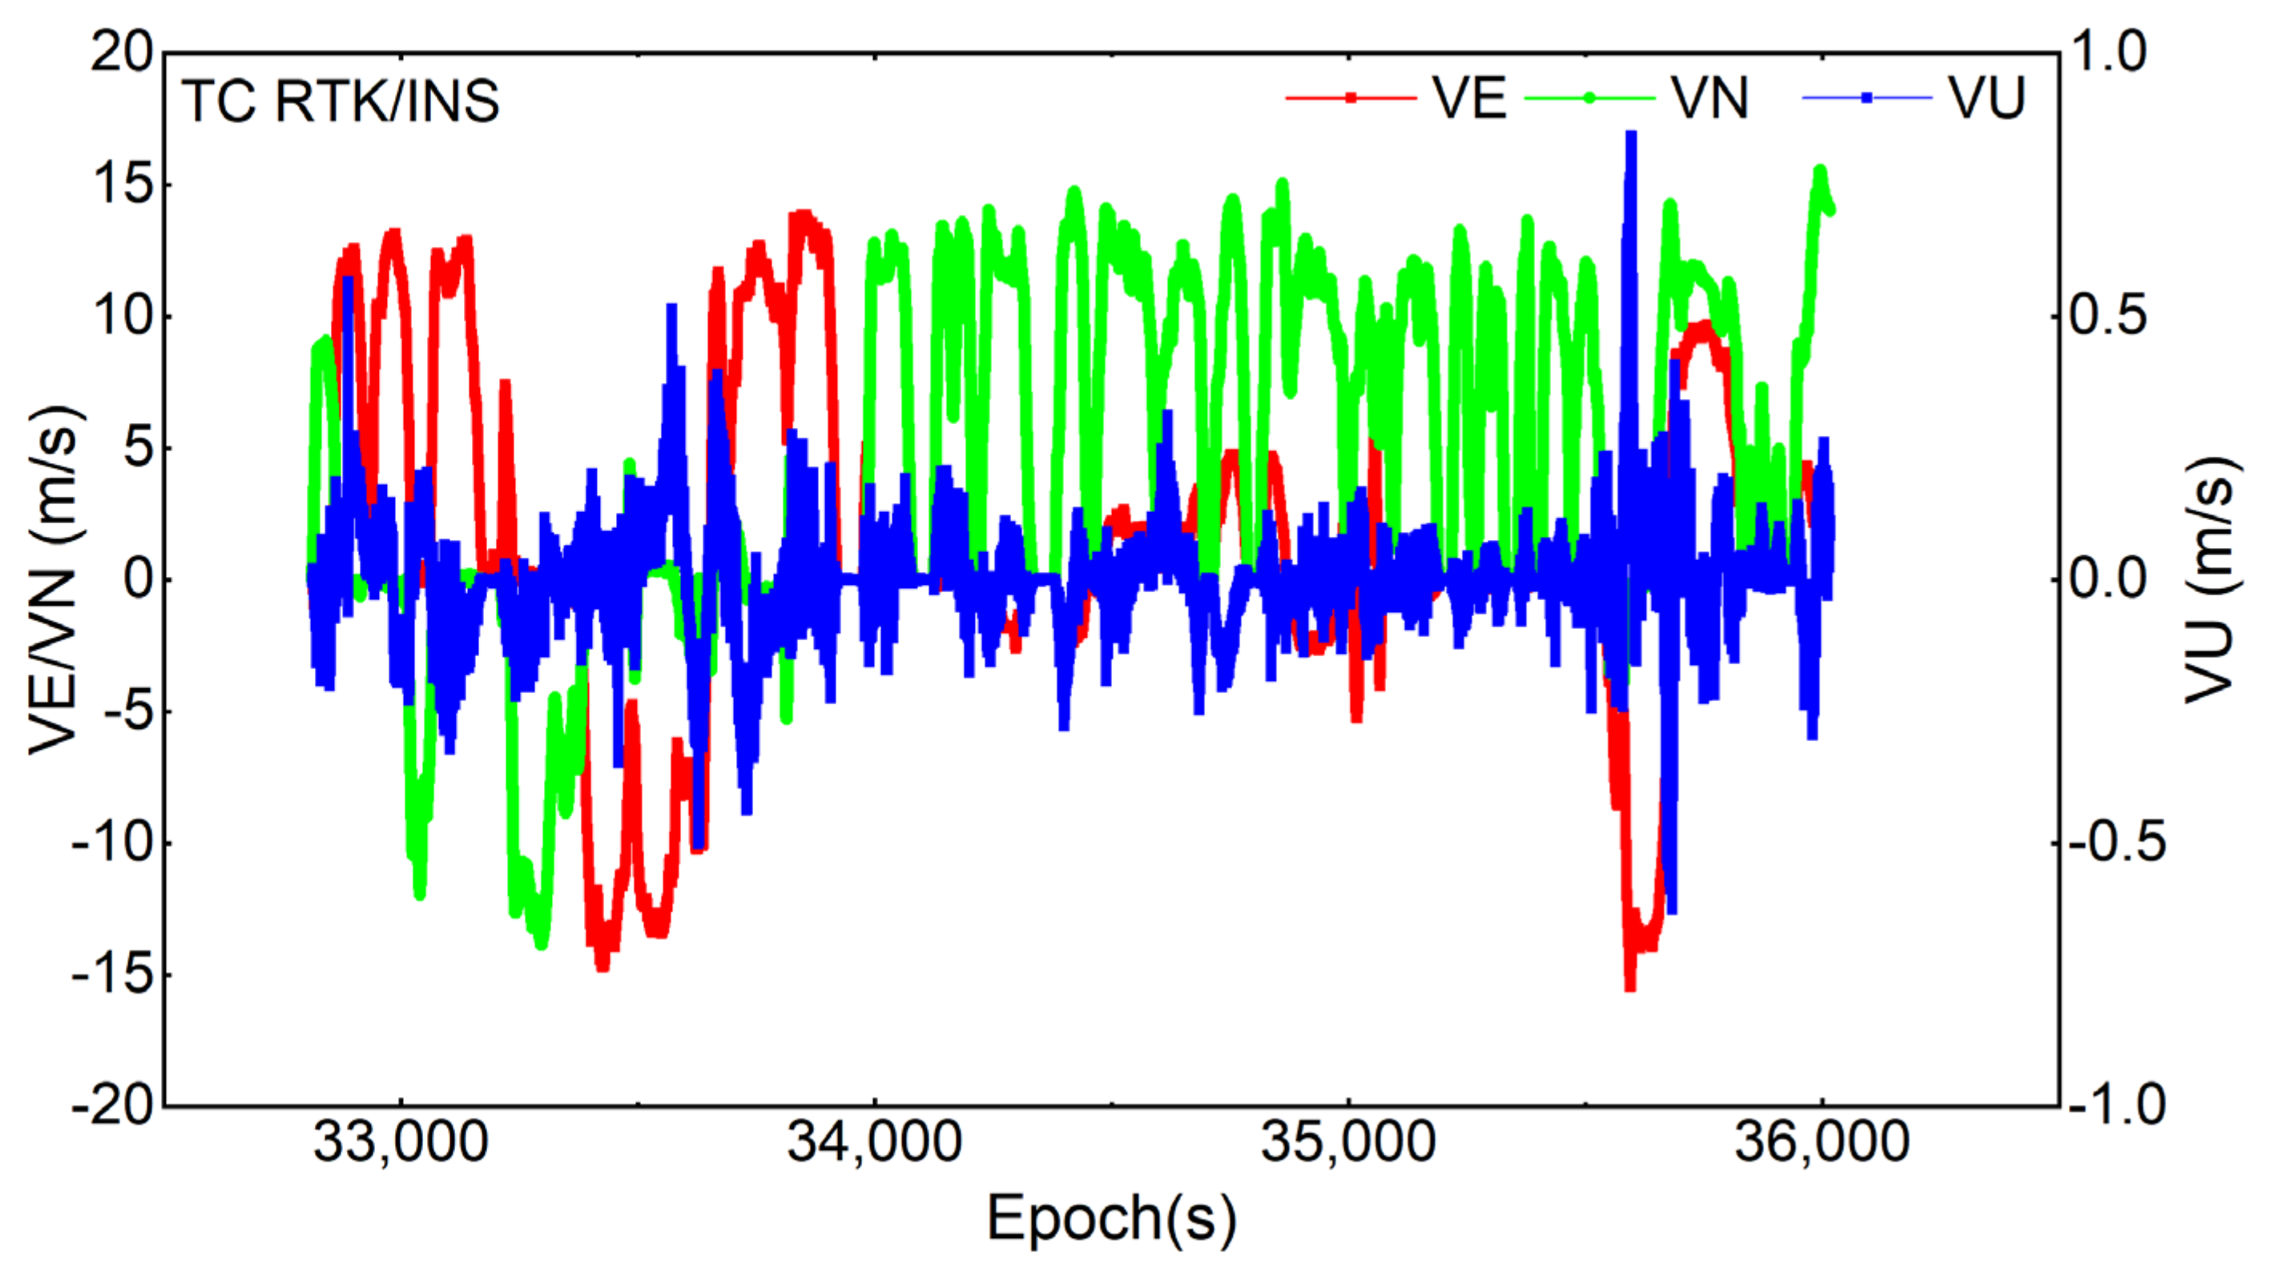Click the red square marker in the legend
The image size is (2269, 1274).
1350,98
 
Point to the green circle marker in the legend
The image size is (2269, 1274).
1589,98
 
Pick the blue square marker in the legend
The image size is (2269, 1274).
1867,98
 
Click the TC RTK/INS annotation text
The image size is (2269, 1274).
341,100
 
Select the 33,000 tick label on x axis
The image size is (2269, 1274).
401,1142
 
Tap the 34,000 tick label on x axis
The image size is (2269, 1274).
874,1142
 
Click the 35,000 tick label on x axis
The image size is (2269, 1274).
1348,1142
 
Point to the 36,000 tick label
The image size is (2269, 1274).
1822,1142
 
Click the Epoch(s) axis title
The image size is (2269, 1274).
1111,1220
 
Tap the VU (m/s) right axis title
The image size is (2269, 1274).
2211,580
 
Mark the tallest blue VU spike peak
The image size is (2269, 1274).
1631,134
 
